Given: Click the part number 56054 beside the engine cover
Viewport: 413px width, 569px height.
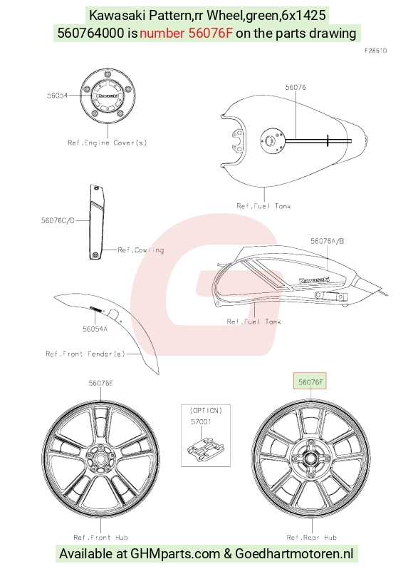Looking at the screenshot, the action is (x=57, y=96).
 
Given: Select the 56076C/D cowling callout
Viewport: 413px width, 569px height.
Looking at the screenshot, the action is (x=58, y=220).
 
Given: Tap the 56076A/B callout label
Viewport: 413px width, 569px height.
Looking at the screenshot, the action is (x=327, y=241).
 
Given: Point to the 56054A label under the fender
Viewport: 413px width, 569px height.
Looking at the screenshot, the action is (x=95, y=329).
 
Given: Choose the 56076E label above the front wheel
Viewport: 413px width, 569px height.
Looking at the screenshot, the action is (x=100, y=383).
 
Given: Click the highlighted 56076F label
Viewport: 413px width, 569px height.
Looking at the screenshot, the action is (x=310, y=381).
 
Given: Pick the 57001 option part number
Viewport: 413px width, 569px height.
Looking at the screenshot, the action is (x=201, y=421).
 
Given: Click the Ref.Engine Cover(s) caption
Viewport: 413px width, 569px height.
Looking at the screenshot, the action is (x=108, y=143).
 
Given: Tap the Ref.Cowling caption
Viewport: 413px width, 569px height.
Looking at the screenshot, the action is (x=141, y=250).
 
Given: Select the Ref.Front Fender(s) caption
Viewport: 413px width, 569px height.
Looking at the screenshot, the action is (x=85, y=354).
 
